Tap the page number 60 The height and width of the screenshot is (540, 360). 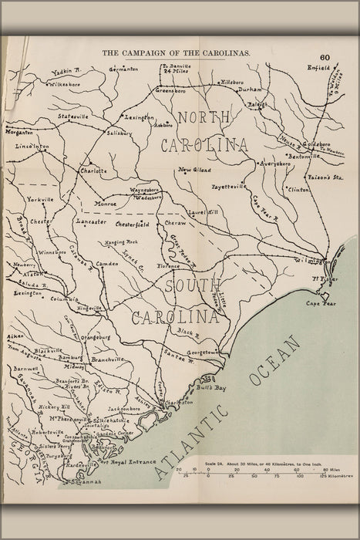pos(325,57)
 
